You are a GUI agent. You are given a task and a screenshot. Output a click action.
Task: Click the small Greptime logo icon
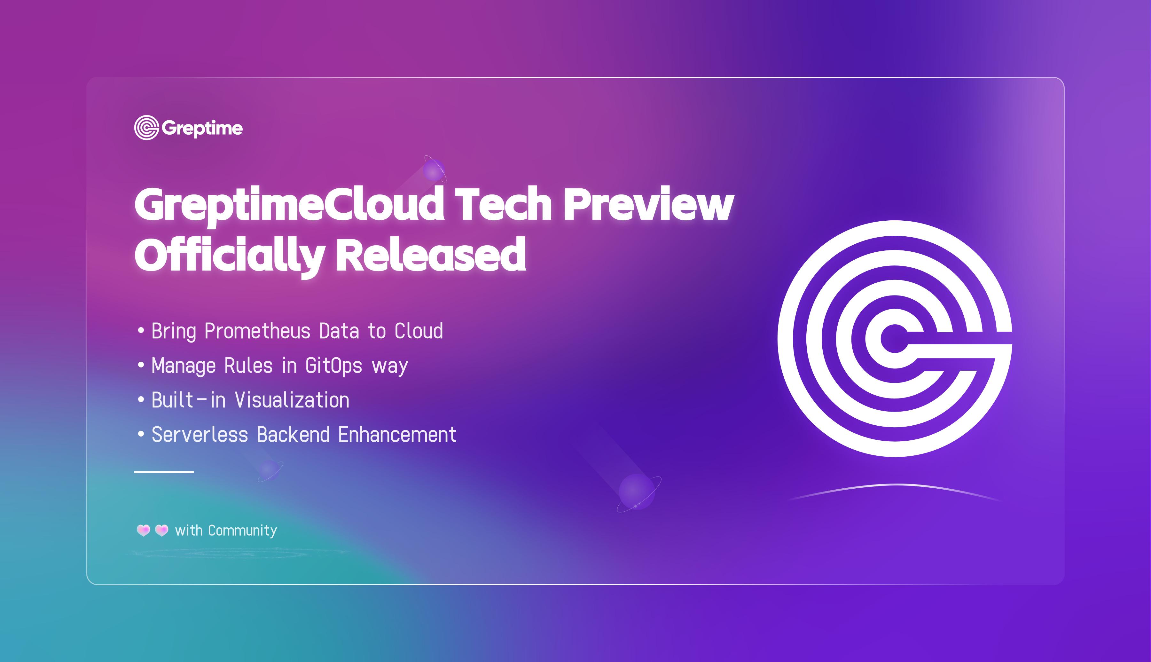(146, 128)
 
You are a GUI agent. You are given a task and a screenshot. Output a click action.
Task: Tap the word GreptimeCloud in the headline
(289, 205)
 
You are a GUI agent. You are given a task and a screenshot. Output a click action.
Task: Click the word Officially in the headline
(230, 256)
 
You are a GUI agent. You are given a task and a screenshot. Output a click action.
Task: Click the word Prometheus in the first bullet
(257, 331)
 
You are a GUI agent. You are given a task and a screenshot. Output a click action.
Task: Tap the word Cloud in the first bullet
(419, 331)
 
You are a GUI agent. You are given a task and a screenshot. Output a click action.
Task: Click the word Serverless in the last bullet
(200, 435)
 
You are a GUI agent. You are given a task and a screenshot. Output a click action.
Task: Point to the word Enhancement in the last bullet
(397, 435)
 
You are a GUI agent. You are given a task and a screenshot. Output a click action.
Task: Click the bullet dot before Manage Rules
(141, 365)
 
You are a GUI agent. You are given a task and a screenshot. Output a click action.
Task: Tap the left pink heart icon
(143, 530)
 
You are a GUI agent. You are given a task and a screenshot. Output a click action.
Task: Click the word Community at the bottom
(242, 531)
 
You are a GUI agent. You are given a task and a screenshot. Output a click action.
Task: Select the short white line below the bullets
(164, 472)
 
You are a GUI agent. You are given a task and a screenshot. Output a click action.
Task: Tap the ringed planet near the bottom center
(638, 493)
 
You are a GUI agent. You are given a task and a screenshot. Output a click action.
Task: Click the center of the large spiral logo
(895, 339)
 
